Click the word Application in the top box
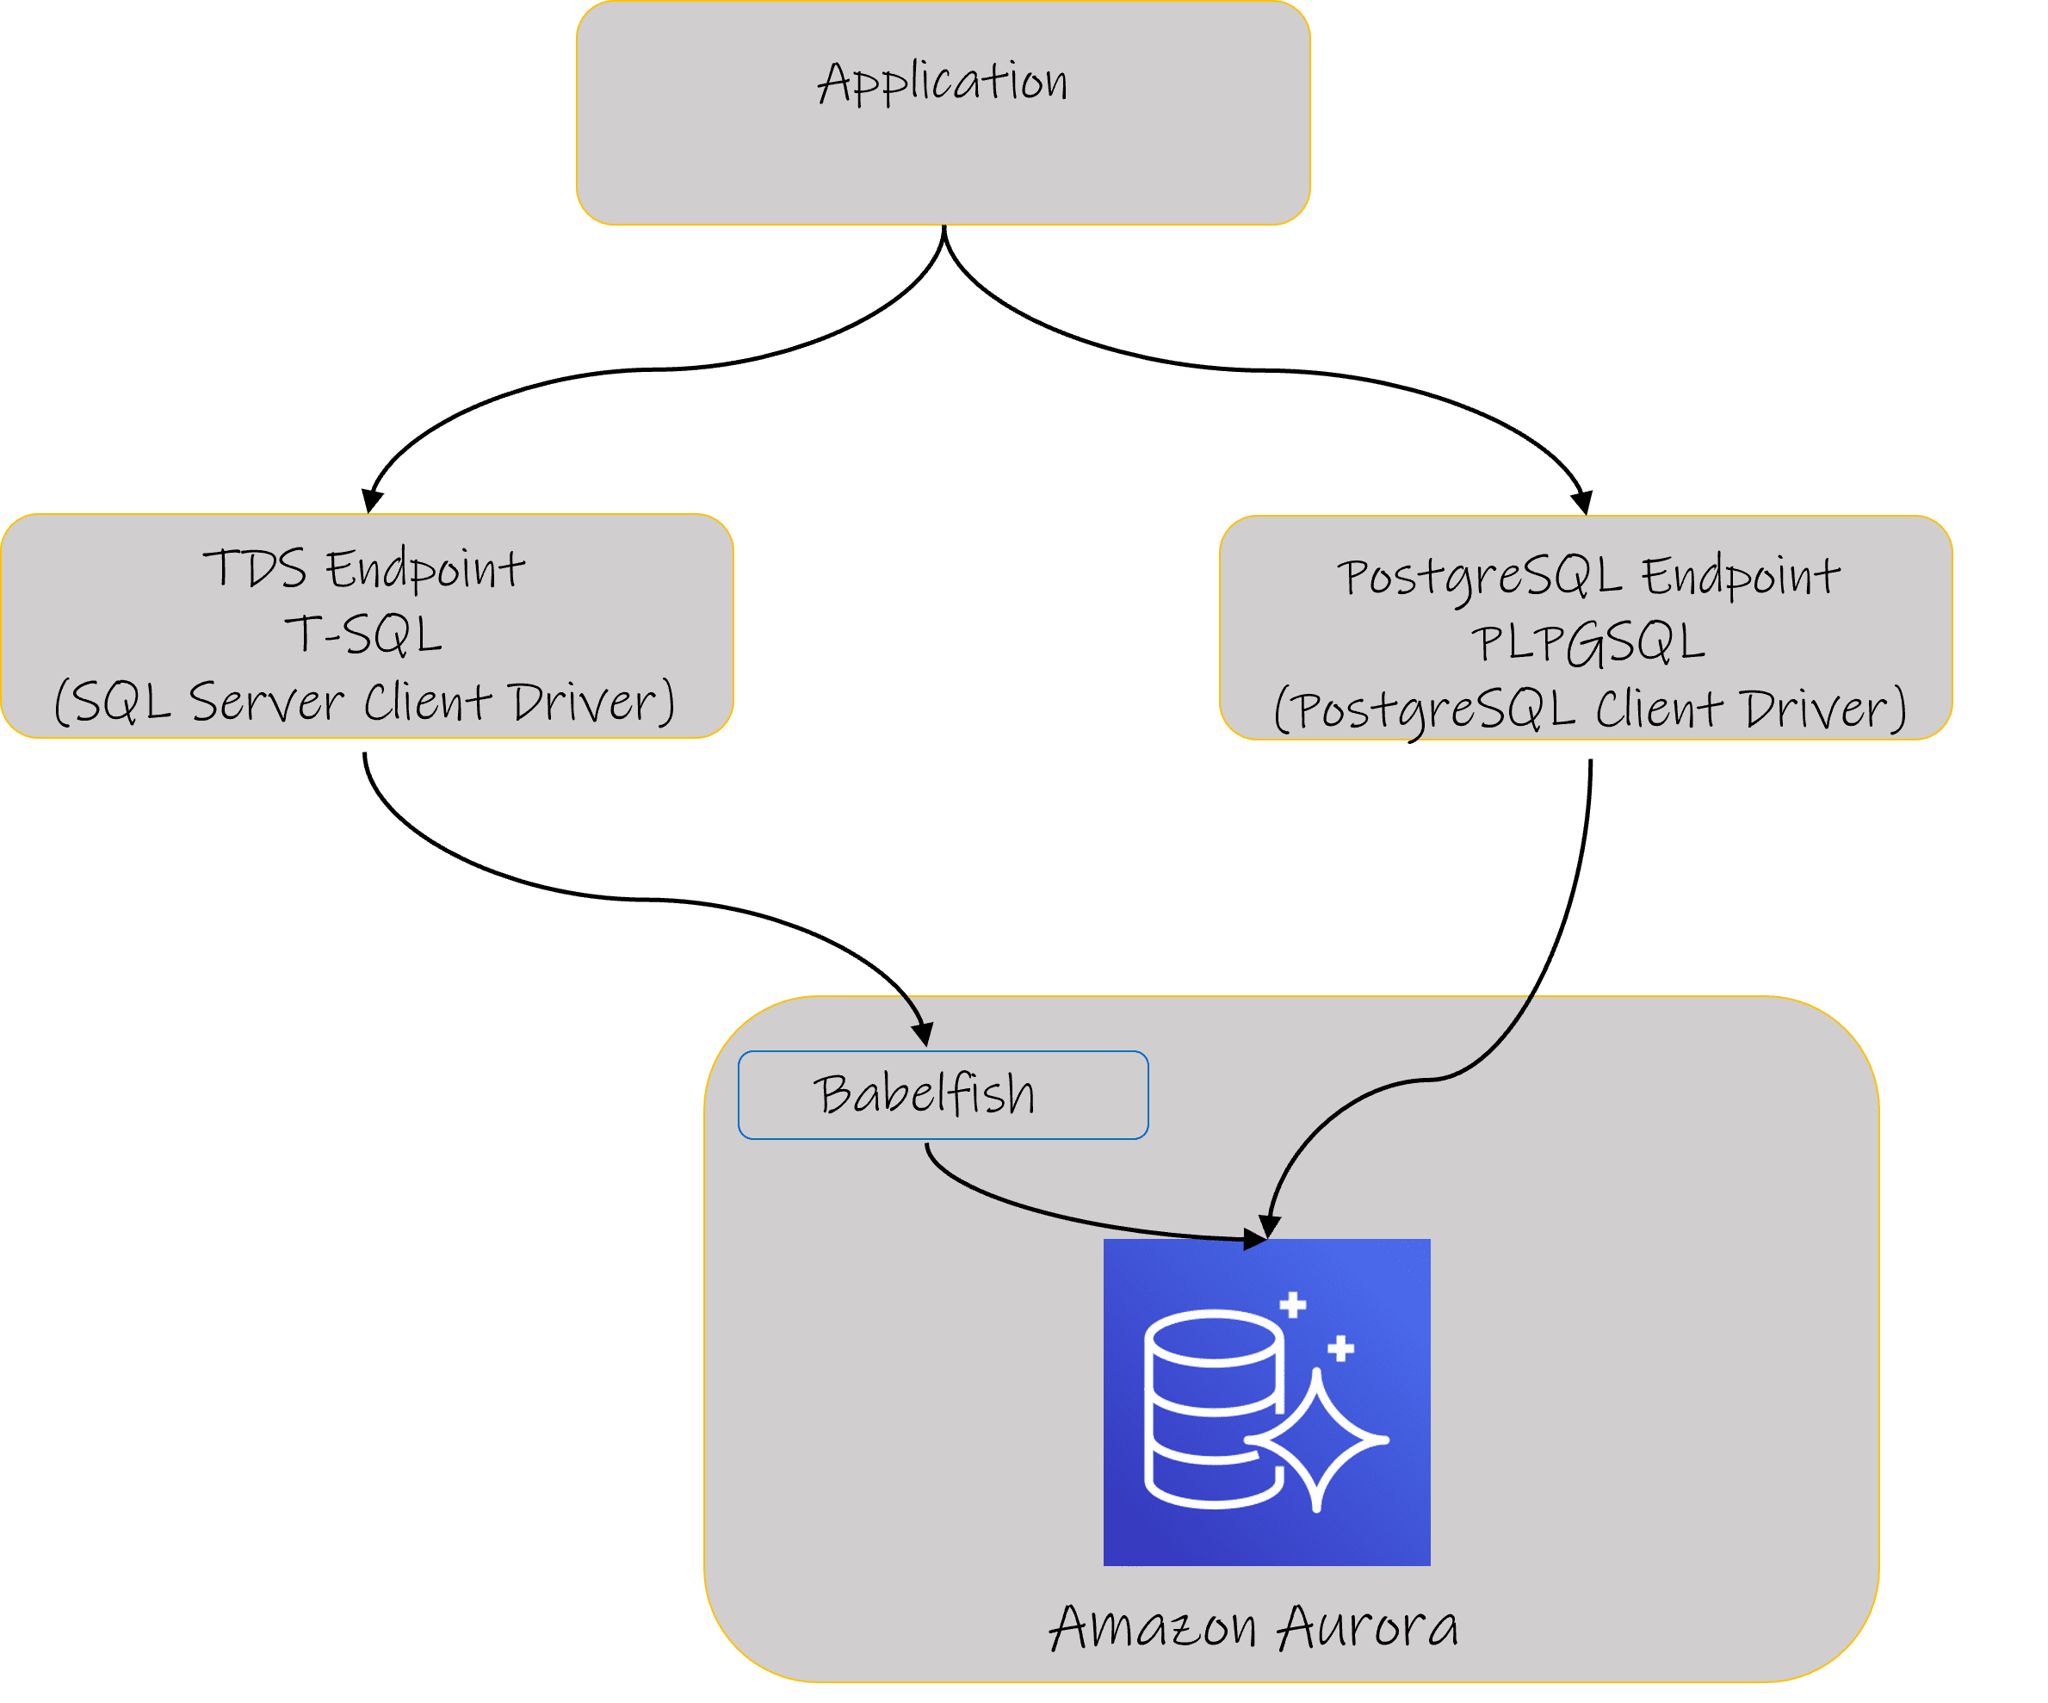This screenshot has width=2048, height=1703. [943, 82]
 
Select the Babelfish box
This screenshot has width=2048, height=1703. [943, 1094]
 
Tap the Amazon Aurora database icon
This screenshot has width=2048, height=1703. [1267, 1403]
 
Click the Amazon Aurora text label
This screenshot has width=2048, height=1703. [1254, 1628]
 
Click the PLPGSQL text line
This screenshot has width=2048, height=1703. [1587, 643]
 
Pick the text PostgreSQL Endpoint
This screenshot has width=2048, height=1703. [1587, 577]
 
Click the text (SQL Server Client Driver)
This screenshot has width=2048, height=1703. [364, 702]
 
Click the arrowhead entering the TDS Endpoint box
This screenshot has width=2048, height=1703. [372, 500]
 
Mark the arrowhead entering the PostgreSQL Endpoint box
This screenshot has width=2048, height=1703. [1581, 502]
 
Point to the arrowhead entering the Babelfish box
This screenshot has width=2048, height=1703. [923, 1034]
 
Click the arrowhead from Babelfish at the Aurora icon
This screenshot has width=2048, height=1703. [1256, 1239]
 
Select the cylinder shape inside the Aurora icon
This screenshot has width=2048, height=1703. [1214, 1409]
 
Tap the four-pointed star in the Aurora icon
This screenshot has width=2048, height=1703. [1316, 1439]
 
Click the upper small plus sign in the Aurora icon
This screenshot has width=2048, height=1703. [1293, 1304]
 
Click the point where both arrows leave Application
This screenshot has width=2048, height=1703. [944, 226]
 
